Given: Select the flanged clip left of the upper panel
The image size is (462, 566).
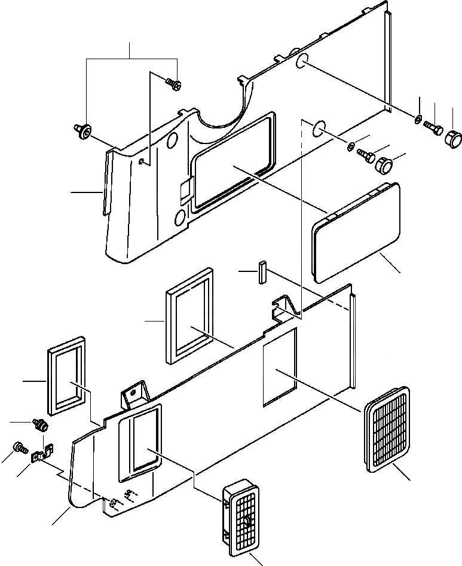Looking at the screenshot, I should pos(82,130).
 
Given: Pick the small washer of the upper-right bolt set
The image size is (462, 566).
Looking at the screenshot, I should pos(417,121).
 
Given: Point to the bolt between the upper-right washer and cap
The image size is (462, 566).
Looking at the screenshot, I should pos(433,127).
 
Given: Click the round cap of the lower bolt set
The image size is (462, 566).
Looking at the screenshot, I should pos(382,164).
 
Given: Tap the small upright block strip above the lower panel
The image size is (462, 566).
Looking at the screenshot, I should pos(261,274).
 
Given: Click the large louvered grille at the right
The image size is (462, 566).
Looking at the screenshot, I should pos(387,429).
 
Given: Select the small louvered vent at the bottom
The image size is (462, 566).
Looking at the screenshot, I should pos(244,513).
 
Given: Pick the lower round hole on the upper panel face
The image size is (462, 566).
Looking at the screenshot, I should pos(180,219).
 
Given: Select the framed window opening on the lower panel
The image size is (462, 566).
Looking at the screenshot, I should pos(140,441).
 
